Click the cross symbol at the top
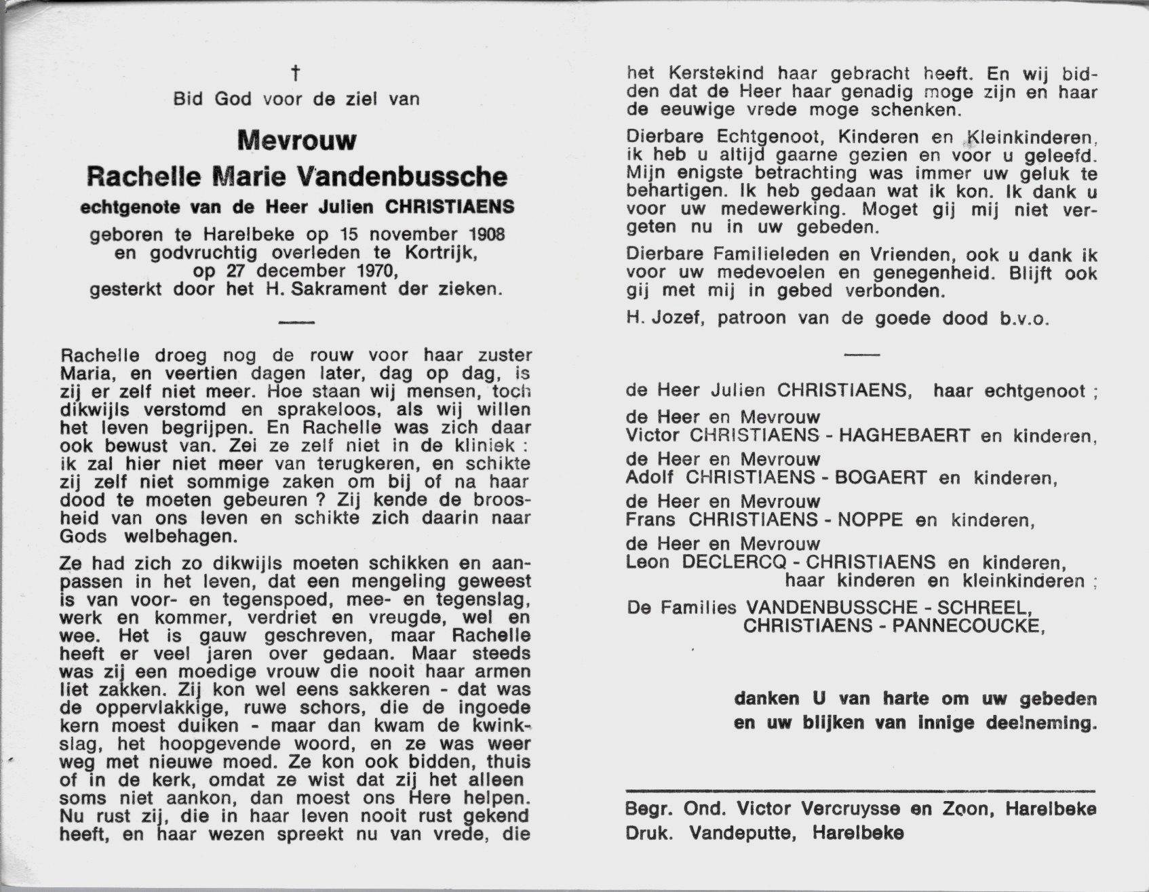point(296,73)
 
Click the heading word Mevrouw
point(296,140)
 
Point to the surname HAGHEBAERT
point(904,435)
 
